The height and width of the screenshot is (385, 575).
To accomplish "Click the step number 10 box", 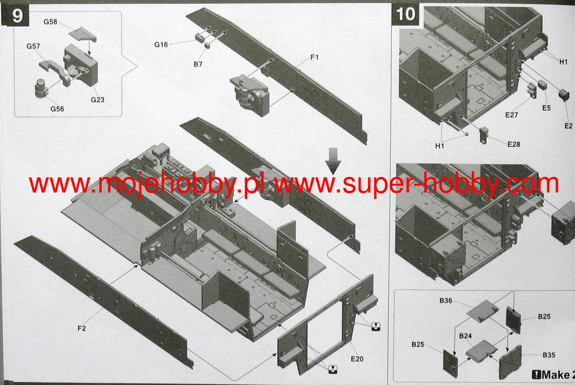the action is (406, 15).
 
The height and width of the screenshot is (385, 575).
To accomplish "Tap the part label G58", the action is (50, 22).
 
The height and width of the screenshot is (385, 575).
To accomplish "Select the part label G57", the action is (33, 47).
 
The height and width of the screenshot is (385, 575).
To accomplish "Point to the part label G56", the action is (57, 109).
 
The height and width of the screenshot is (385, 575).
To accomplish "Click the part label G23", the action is (98, 100).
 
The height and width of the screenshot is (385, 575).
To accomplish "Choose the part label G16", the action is (161, 45).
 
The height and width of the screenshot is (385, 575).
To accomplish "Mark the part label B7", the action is (198, 64).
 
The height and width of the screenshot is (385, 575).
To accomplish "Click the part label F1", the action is (314, 57).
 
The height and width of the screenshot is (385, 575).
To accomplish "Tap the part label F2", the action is (82, 328).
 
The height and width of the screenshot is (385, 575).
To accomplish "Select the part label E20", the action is (357, 359).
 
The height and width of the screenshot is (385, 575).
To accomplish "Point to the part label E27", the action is (512, 115).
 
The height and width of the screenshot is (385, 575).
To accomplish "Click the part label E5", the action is (546, 108).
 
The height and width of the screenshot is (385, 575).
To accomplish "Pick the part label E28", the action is (514, 144).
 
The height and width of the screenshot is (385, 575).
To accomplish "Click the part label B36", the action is (446, 300).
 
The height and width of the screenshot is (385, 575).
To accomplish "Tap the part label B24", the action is (465, 336).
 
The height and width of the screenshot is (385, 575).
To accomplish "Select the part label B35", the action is (549, 355).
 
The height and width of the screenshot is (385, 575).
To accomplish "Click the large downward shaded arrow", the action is (333, 161).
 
